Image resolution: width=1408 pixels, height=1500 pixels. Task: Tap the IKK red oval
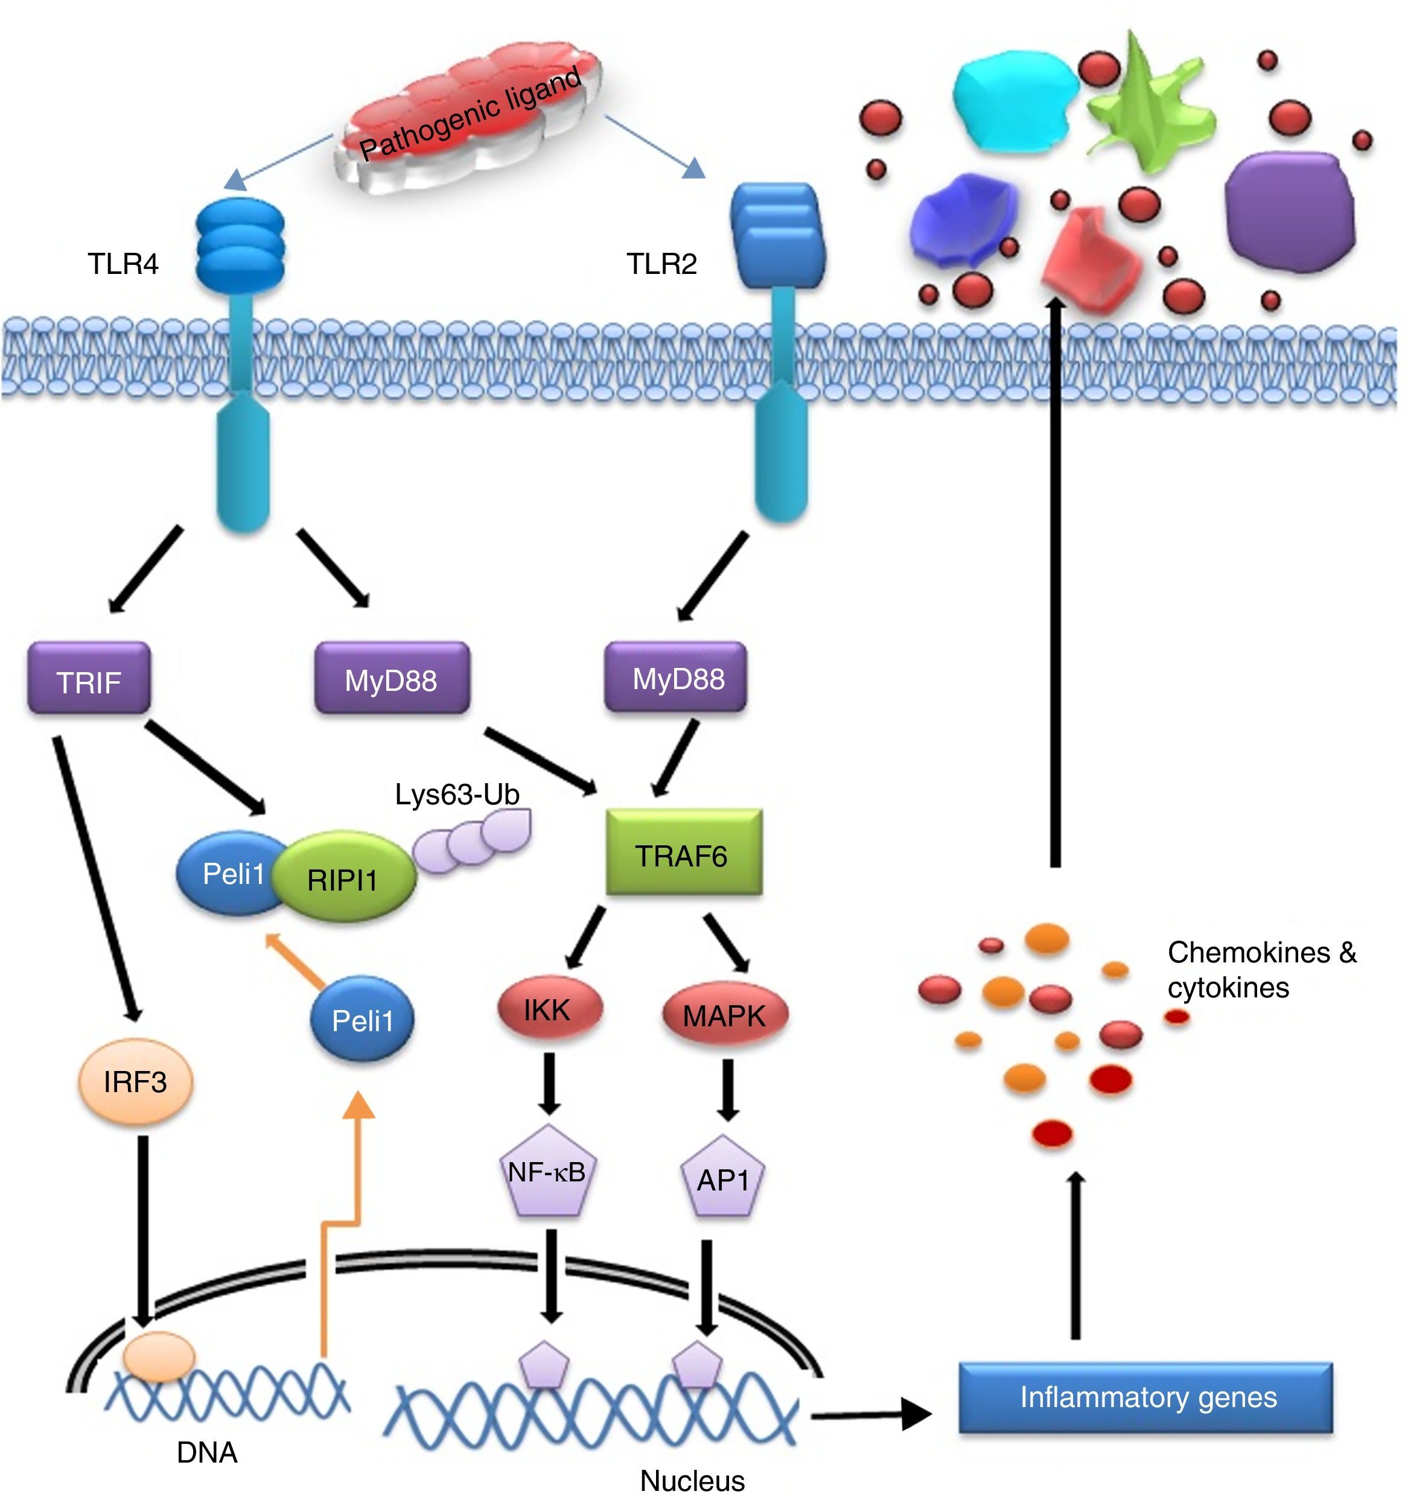[x=549, y=1009]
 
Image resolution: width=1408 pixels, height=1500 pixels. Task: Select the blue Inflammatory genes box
[x=1145, y=1397]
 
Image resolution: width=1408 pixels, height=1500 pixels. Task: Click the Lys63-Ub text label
[x=457, y=795]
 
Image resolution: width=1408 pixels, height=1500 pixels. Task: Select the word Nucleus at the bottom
[x=692, y=1480]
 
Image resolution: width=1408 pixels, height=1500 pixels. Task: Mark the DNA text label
[x=207, y=1452]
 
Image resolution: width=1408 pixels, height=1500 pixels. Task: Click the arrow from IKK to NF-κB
[x=549, y=1082]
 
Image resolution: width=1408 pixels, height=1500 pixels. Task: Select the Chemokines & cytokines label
[x=1261, y=970]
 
